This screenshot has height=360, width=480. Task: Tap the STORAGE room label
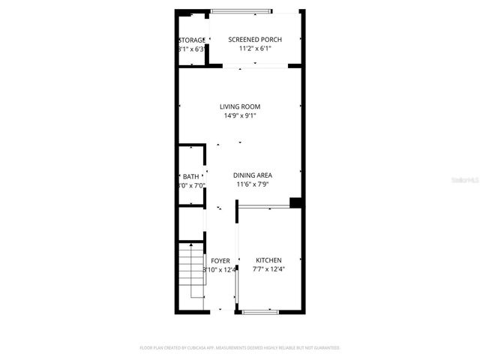pyautogui.click(x=192, y=40)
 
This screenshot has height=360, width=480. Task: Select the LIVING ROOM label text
pyautogui.click(x=240, y=106)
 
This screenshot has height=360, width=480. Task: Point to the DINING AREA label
pyautogui.click(x=252, y=175)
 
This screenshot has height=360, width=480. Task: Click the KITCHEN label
pyautogui.click(x=268, y=260)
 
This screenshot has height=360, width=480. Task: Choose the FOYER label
pyautogui.click(x=220, y=261)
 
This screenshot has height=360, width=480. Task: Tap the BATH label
pyautogui.click(x=191, y=176)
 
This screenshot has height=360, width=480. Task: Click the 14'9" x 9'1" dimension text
pyautogui.click(x=240, y=116)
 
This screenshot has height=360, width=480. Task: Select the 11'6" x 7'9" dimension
pyautogui.click(x=252, y=184)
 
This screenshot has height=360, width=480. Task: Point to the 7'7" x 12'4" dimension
pyautogui.click(x=268, y=270)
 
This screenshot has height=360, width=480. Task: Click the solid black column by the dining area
pyautogui.click(x=295, y=202)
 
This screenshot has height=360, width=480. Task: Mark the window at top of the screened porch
pyautogui.click(x=240, y=11)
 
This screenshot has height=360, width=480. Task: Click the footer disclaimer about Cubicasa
pyautogui.click(x=240, y=348)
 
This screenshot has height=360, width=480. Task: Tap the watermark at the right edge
pyautogui.click(x=466, y=181)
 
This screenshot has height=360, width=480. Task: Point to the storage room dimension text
pyautogui.click(x=192, y=49)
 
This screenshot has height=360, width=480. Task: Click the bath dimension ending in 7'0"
pyautogui.click(x=191, y=186)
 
